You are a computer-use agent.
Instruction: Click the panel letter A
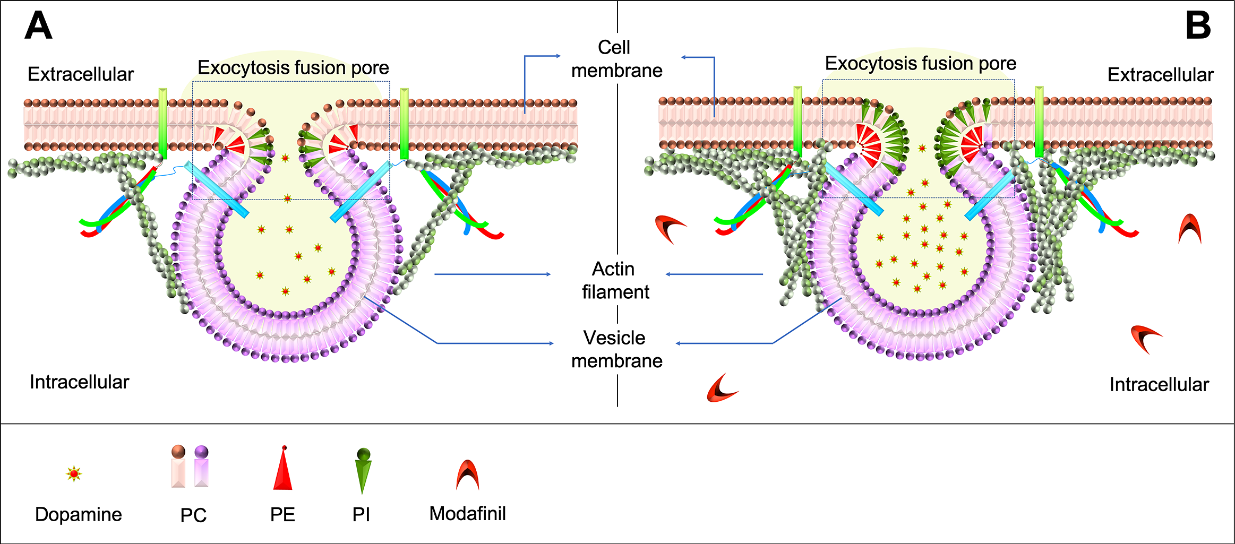click(x=38, y=25)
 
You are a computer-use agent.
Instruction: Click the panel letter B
click(x=1198, y=25)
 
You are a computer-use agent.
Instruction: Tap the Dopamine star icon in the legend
click(x=74, y=473)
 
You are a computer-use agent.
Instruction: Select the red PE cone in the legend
click(x=283, y=470)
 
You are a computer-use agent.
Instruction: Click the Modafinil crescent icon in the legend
click(x=467, y=475)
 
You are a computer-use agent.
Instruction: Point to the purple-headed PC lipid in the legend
click(x=201, y=467)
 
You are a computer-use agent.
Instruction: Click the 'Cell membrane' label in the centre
click(x=616, y=59)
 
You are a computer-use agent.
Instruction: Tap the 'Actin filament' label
click(x=615, y=280)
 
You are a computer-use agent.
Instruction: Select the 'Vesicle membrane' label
click(x=616, y=349)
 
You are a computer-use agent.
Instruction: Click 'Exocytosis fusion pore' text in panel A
click(x=293, y=68)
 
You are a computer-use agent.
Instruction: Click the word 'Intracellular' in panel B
click(x=1159, y=384)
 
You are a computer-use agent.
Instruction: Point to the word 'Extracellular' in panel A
click(x=80, y=74)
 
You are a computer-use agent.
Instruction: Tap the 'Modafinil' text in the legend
click(x=467, y=513)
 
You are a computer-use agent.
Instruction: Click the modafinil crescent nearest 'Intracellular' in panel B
click(x=1146, y=339)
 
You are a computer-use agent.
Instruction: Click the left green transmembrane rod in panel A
click(x=163, y=123)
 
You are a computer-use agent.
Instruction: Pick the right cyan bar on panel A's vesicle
click(x=360, y=192)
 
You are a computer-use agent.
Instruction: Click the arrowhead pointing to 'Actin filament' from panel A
click(x=548, y=274)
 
